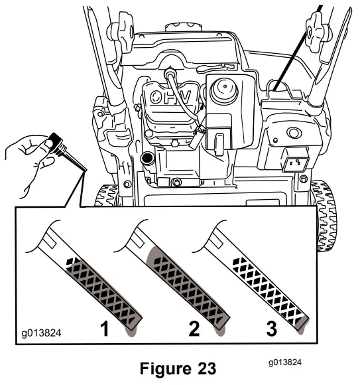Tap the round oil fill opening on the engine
[147, 159]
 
